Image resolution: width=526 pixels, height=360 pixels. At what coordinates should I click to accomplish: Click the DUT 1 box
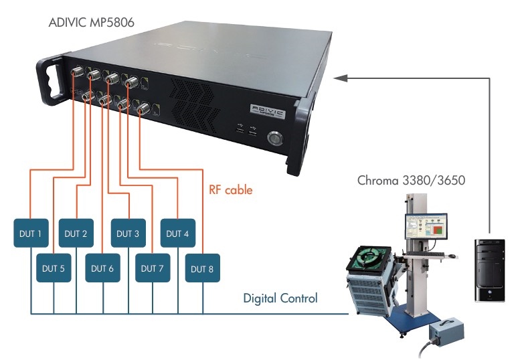click(31, 234)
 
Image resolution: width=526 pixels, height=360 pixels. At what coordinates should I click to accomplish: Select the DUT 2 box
click(76, 234)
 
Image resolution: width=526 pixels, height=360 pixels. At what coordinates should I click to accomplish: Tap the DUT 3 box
click(128, 234)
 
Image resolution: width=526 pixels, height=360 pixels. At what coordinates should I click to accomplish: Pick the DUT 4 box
click(177, 234)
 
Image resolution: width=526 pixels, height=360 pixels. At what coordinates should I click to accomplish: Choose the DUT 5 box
click(53, 268)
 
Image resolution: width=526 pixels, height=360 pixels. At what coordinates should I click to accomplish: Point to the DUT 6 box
click(102, 268)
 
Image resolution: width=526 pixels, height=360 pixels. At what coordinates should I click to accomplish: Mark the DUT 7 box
click(153, 268)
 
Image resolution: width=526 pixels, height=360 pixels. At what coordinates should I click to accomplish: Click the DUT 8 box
click(201, 268)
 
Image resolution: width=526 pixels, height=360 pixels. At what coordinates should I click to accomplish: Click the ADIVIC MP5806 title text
click(92, 23)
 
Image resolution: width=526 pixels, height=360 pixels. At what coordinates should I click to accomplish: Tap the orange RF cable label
click(230, 190)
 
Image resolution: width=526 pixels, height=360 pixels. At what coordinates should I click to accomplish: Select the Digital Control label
click(280, 298)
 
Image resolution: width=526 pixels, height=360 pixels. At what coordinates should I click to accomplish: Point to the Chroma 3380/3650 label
click(411, 181)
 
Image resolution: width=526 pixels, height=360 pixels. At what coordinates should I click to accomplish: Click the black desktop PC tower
click(490, 268)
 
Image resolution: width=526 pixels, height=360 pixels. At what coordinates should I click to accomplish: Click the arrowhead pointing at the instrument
click(340, 78)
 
